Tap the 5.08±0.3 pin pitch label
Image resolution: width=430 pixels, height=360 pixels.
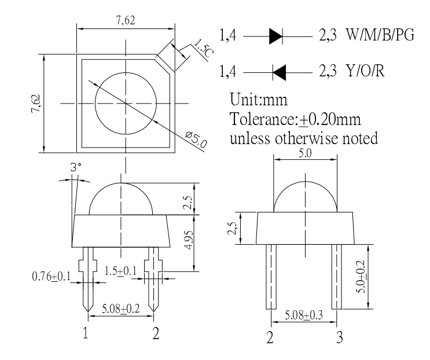tap(303, 316)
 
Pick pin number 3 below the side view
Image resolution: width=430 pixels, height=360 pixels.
tap(338, 338)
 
